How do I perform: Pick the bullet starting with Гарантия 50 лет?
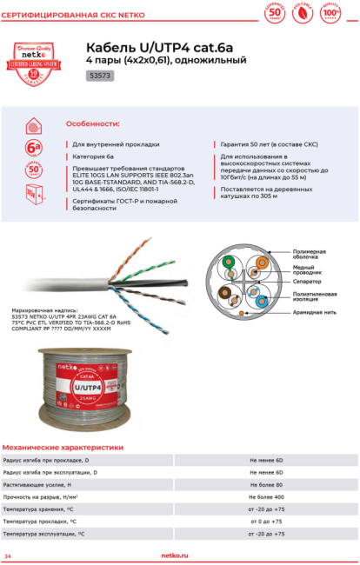click(261, 143)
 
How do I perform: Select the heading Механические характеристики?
click(63, 447)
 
